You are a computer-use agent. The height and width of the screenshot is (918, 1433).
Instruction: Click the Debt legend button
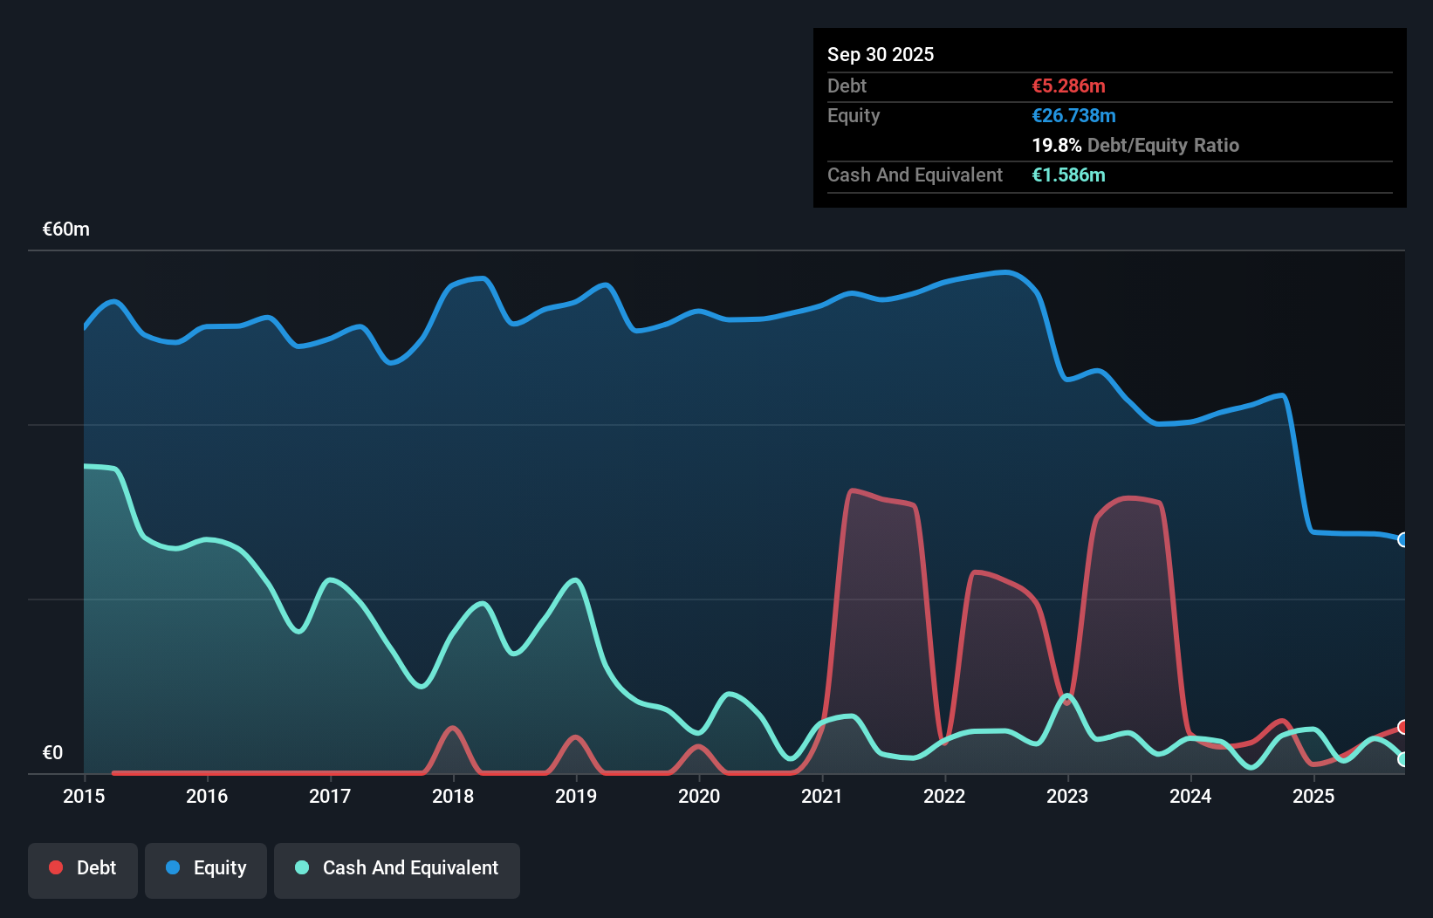click(x=83, y=868)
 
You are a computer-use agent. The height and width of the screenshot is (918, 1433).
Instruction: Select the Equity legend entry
click(x=206, y=868)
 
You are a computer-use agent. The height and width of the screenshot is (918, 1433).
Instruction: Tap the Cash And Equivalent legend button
click(x=397, y=868)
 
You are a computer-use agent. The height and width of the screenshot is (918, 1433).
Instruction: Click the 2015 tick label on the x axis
click(x=84, y=796)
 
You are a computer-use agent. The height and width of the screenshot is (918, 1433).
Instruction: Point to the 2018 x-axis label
click(x=453, y=796)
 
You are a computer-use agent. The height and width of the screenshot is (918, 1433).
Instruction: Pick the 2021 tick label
click(x=822, y=796)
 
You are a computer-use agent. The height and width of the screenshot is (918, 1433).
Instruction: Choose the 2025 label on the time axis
click(x=1313, y=796)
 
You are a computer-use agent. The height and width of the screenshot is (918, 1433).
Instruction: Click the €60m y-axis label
click(x=66, y=229)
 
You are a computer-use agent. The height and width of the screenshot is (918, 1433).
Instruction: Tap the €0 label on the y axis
click(x=52, y=753)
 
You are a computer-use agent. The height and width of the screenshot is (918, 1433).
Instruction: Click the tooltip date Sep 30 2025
click(x=881, y=54)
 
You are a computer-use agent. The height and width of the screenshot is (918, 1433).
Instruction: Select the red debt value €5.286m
click(x=1068, y=86)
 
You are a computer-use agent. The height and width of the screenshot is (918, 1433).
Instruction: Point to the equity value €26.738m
click(x=1073, y=115)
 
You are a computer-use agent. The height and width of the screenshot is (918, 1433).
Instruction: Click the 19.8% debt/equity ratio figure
click(x=1056, y=145)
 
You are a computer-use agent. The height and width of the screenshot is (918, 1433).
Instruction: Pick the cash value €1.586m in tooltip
click(x=1068, y=175)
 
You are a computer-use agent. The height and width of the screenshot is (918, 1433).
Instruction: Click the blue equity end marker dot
click(x=1403, y=539)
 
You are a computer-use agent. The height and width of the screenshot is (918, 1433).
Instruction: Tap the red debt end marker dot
click(x=1403, y=727)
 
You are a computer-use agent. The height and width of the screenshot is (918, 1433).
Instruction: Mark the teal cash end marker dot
click(x=1403, y=759)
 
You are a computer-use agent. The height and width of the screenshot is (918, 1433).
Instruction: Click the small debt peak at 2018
click(x=452, y=728)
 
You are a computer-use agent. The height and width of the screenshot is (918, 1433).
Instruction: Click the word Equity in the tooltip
click(x=854, y=115)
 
